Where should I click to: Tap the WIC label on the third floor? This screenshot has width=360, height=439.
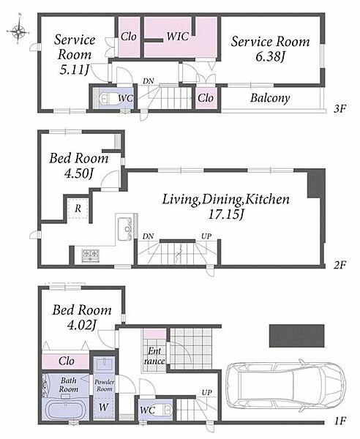click(x=178, y=37)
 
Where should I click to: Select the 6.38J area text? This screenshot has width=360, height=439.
click(x=270, y=57)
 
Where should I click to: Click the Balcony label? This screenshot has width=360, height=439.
click(x=270, y=98)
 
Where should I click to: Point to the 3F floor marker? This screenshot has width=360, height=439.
click(x=340, y=108)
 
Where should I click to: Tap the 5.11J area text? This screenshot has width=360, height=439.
click(x=74, y=70)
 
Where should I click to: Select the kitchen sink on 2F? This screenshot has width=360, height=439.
click(x=125, y=229)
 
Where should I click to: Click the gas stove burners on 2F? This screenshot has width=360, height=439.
click(x=90, y=255)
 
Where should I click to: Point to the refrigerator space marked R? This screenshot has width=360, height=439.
click(x=78, y=209)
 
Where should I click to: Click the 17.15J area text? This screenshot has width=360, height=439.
click(x=226, y=215)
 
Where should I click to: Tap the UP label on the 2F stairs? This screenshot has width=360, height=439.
click(x=206, y=236)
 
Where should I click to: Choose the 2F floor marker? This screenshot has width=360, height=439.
click(x=340, y=265)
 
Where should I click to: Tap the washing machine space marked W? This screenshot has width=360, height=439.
click(x=104, y=407)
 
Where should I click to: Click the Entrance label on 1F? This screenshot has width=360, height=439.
click(x=154, y=356)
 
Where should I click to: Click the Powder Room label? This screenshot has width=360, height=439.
click(x=104, y=386)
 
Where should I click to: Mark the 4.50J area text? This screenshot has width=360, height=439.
click(x=79, y=173)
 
